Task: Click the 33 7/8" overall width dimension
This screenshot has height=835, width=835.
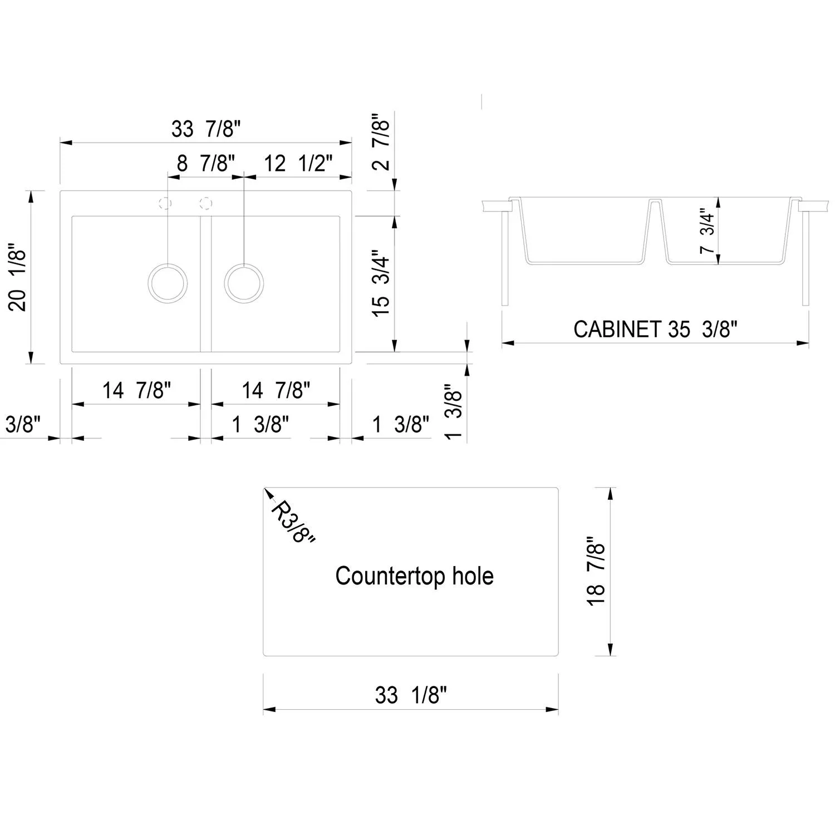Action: click(206, 129)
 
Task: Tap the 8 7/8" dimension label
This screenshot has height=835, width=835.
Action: click(206, 164)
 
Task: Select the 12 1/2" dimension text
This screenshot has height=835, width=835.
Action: click(298, 164)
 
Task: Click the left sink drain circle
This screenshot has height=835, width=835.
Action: click(168, 283)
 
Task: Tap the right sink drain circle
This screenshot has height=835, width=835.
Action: click(244, 283)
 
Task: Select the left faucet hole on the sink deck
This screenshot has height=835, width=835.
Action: click(165, 203)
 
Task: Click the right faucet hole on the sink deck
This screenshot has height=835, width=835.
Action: click(206, 203)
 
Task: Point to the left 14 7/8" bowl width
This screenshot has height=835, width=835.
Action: click(136, 390)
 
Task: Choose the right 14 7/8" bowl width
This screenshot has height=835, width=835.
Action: click(276, 390)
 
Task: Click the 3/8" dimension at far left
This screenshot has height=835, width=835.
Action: click(23, 424)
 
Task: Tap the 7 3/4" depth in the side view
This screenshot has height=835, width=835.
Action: click(707, 232)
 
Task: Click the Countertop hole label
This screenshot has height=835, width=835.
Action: click(414, 576)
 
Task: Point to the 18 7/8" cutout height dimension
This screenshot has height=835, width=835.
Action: click(596, 572)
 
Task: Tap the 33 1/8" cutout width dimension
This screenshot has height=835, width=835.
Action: click(411, 695)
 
